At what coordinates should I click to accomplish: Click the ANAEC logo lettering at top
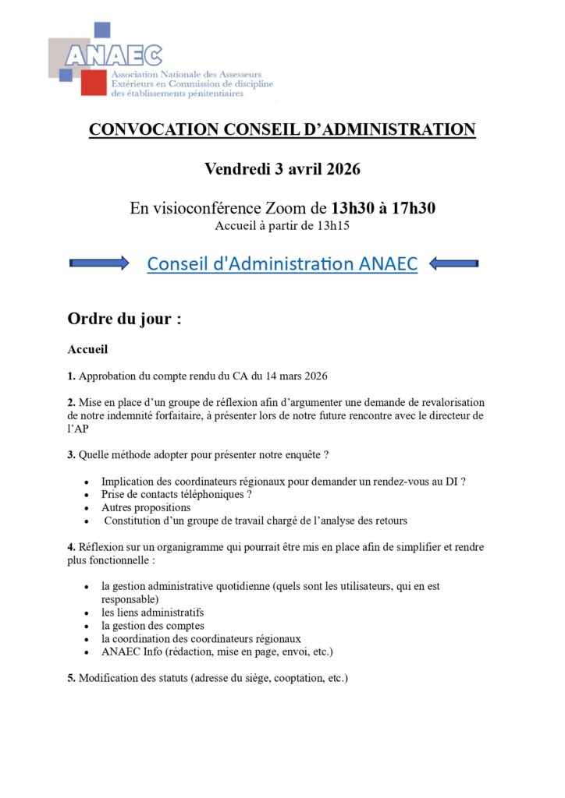[x=114, y=55]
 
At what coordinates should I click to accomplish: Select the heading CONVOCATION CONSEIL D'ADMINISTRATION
[x=282, y=129]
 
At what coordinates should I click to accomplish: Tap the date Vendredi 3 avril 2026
[x=282, y=168]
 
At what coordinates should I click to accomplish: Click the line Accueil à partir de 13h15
[x=282, y=226]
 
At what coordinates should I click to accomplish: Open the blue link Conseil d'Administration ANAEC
[x=282, y=264]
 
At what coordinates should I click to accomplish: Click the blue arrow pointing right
[x=99, y=263]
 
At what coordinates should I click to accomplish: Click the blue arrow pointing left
[x=453, y=264]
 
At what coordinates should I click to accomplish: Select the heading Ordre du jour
[x=124, y=319]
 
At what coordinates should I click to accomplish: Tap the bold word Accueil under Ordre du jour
[x=87, y=350]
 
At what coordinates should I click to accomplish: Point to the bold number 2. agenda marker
[x=72, y=402]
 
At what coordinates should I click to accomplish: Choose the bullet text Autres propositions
[x=146, y=507]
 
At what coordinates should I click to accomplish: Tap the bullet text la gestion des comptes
[x=153, y=626]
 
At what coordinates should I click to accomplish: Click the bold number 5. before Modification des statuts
[x=72, y=678]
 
